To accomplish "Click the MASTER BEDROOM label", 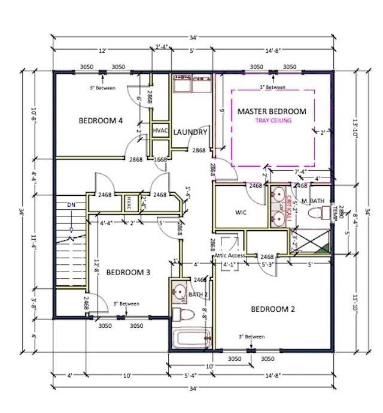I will [272, 111].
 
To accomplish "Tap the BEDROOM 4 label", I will [101, 120].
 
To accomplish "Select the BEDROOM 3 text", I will [127, 272].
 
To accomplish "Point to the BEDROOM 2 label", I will [272, 309].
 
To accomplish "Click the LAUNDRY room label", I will [190, 132].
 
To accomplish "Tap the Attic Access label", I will [229, 256].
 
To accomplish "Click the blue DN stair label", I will [71, 205].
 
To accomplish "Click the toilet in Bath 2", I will [182, 314].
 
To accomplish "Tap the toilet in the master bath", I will [317, 212].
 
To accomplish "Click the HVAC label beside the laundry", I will [160, 131].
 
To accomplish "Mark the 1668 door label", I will [160, 159].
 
